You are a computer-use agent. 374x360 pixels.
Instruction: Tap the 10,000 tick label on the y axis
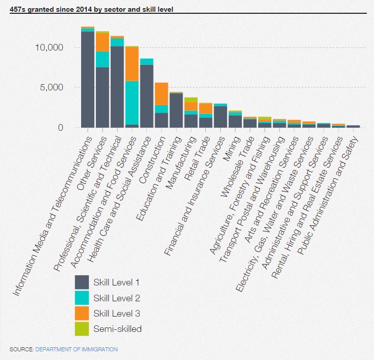(49, 47)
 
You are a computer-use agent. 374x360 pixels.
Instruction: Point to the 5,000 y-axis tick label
(52, 87)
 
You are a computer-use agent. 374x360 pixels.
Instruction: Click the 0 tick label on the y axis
(61, 128)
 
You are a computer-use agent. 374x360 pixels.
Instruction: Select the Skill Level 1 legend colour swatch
(82, 282)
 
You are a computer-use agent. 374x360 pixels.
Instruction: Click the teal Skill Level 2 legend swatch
(82, 298)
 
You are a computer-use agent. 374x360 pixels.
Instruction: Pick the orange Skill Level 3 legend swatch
(82, 313)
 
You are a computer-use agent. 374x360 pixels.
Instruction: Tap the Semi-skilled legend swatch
(82, 329)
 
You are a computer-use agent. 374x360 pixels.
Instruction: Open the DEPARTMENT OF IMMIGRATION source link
(77, 349)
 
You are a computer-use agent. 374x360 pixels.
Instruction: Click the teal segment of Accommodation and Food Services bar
(132, 103)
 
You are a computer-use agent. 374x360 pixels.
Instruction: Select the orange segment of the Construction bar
(161, 94)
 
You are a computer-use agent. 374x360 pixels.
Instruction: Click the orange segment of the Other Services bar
(103, 42)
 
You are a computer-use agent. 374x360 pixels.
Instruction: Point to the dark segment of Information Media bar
(88, 80)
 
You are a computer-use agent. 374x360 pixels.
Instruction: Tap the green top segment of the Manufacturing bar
(191, 100)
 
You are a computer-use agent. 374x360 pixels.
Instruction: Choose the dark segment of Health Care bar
(146, 96)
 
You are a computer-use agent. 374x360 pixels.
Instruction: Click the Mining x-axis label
(231, 149)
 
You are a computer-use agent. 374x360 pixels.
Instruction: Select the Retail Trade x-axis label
(197, 158)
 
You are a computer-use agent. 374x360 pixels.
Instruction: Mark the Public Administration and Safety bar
(353, 126)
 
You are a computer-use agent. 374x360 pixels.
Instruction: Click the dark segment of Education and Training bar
(176, 110)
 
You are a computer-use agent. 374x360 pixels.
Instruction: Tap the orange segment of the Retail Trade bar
(206, 108)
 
